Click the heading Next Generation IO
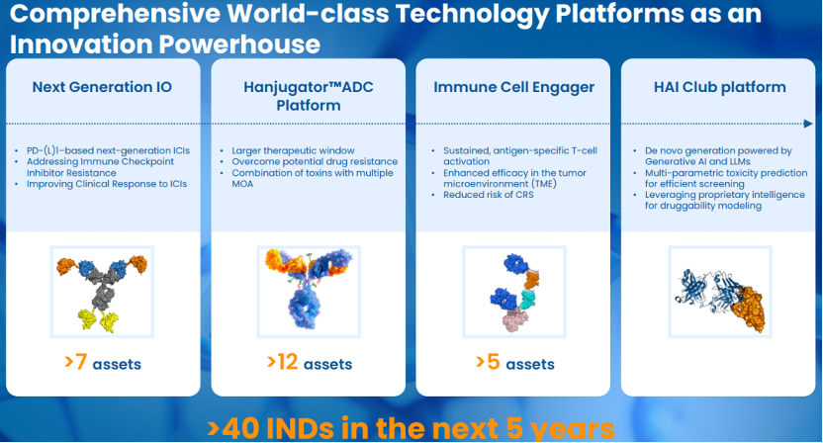point(102,87)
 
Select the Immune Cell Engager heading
point(513,88)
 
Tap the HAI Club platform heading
point(719,87)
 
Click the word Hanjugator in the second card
point(285,88)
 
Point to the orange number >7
point(75,362)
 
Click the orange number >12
point(282,362)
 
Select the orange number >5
point(488,362)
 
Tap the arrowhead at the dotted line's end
point(808,124)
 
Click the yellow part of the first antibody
point(98,319)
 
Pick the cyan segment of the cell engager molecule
point(529,299)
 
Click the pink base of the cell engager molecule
point(516,319)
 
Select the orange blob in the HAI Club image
point(748,309)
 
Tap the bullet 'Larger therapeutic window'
point(293,150)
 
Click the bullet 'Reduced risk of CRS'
point(488,195)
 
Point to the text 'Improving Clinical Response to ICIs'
point(107,184)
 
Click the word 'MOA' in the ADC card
point(242,184)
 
